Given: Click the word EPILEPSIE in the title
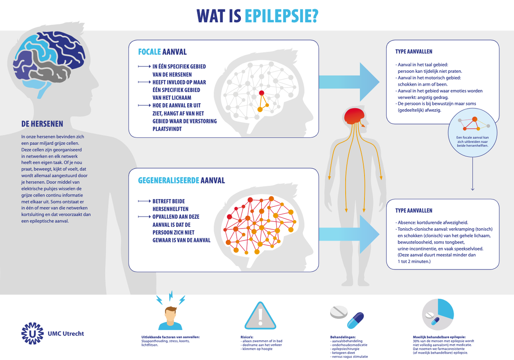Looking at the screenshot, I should tap(281, 16).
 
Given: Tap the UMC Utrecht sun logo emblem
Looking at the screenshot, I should tap(33, 333).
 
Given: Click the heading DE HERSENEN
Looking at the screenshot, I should tap(42, 124).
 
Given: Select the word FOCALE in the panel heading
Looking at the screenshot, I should tap(149, 52).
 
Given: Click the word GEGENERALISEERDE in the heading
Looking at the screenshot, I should tap(168, 180).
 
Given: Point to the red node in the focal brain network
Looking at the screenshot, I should tap(262, 93).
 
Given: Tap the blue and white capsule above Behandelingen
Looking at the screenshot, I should tap(355, 320).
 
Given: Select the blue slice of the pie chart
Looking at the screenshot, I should tap(446, 308).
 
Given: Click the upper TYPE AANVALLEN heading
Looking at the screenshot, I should tap(413, 51).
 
